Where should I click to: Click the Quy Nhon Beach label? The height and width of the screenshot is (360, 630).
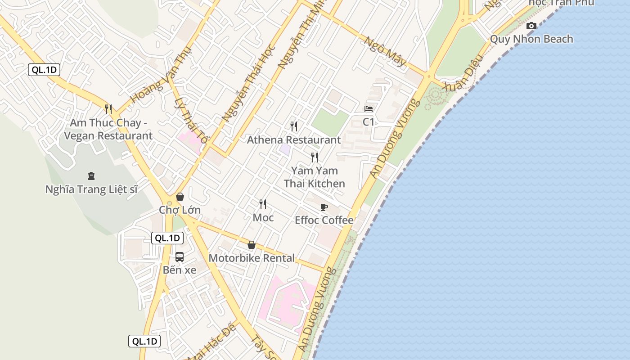[x=531, y=39]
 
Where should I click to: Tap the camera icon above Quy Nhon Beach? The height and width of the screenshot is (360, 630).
[x=531, y=26]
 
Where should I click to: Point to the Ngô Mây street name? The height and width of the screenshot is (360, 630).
[x=385, y=51]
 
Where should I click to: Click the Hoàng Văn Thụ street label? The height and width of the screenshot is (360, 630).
[x=161, y=76]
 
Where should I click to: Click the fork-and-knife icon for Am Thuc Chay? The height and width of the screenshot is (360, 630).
[x=108, y=109]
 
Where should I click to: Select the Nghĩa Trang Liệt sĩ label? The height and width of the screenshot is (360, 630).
[x=91, y=189]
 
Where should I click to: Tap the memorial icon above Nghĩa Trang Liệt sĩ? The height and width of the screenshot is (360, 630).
[x=91, y=175]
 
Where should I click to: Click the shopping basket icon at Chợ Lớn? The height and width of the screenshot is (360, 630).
[x=180, y=197]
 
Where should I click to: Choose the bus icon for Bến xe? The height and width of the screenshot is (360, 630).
[x=180, y=257]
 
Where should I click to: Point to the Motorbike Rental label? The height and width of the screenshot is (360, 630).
[x=252, y=258]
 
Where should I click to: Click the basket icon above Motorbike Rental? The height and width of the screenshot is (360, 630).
[x=252, y=245]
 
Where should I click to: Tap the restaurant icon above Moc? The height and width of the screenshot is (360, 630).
[x=263, y=204]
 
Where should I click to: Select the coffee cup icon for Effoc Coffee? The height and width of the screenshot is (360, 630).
[x=324, y=207]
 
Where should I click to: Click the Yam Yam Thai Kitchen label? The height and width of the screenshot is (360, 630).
[x=315, y=177]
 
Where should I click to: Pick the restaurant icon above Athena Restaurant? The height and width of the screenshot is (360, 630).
[x=294, y=126]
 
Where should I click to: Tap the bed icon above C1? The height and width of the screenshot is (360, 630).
[x=369, y=109]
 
